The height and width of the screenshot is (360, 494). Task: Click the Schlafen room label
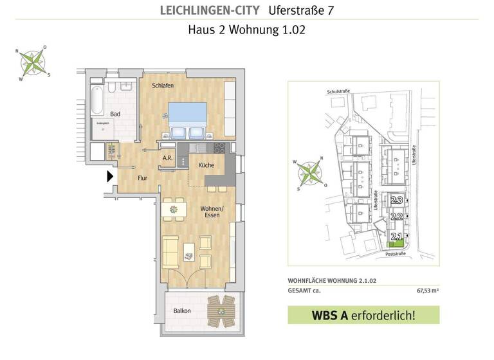coord(161,85)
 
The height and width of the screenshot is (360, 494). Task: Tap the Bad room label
coord(115,114)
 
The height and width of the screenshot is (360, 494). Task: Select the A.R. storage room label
coord(167,157)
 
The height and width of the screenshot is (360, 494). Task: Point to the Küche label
coord(206,165)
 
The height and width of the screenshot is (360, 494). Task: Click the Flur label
coord(143,179)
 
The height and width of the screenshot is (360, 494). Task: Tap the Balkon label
coord(181,311)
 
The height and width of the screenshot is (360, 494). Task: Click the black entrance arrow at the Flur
coord(110,175)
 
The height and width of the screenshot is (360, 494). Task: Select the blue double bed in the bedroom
coord(187,120)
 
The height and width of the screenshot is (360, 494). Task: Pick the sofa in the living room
coord(170,251)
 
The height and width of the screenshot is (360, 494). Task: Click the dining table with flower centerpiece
coord(172,208)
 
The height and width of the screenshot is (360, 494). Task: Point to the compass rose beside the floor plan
coord(34,62)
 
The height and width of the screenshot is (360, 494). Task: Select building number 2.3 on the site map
coord(397,201)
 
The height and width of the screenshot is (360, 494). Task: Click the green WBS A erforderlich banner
coord(363,315)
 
